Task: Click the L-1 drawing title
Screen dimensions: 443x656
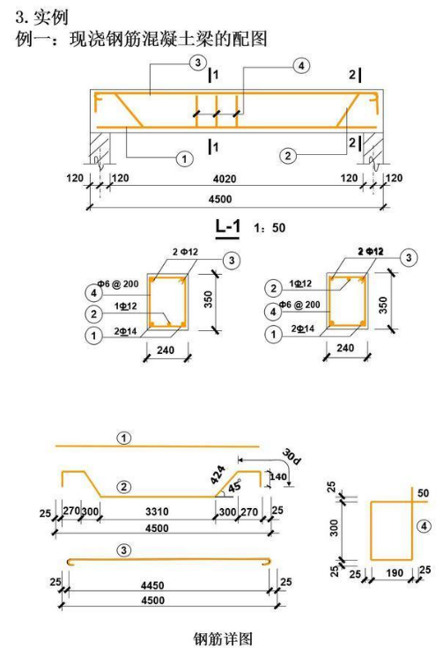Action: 227,227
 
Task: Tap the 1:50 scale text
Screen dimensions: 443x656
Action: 269,228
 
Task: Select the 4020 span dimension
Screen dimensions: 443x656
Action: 225,179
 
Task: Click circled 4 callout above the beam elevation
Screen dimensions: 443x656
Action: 301,66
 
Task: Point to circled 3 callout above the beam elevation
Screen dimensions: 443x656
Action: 198,63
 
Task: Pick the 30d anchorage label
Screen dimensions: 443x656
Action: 292,456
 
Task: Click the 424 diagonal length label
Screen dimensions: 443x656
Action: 218,475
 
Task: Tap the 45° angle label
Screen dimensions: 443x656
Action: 234,487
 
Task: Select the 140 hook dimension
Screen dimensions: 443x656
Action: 278,476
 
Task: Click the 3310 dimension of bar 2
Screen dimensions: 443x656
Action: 157,512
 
